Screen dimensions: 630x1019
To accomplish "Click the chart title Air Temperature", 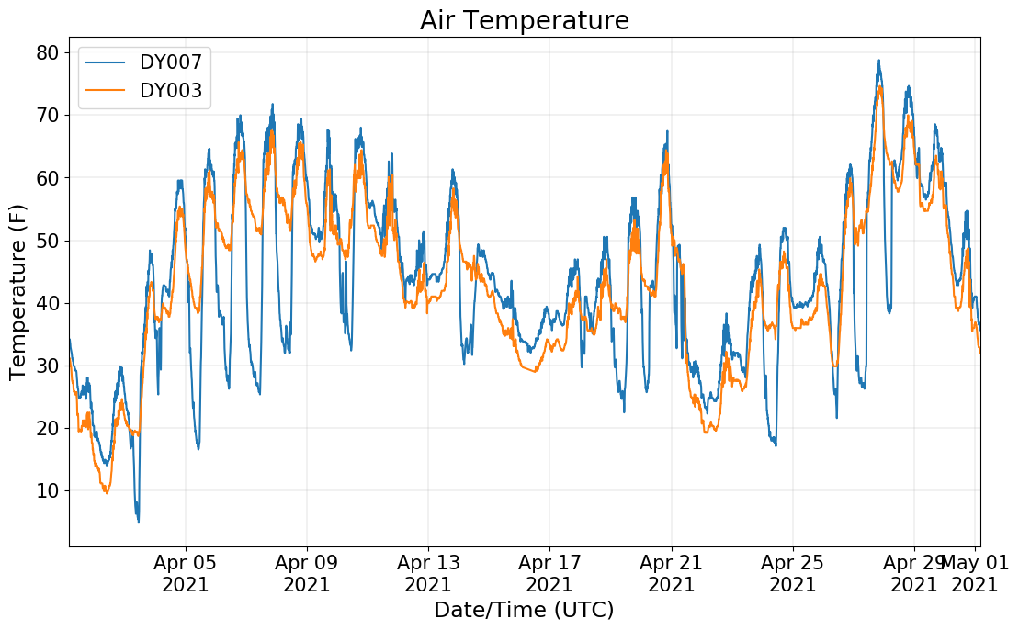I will pos(524,20).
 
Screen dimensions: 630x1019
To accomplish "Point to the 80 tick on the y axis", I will pos(48,52).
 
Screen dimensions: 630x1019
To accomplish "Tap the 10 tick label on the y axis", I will pos(48,490).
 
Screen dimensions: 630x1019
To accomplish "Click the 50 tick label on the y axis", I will pos(48,241).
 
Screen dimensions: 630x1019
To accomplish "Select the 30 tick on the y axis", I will pos(48,366).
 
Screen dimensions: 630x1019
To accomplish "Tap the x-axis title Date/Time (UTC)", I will pos(524,610).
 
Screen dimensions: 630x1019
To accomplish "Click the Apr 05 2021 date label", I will pos(186,573).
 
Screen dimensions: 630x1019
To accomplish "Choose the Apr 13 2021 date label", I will pos(428,573).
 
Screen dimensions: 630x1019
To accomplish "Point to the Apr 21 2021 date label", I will pos(671,573).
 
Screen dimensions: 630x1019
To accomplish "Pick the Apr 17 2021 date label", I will pos(549,573).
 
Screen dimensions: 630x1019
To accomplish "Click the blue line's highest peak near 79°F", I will pos(878,61).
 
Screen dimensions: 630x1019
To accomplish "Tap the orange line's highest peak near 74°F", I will pos(879,87).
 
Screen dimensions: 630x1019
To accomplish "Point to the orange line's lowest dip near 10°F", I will pos(107,493).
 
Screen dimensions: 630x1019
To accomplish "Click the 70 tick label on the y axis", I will pos(48,115).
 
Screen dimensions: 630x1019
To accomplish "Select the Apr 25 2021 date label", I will pos(792,573).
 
